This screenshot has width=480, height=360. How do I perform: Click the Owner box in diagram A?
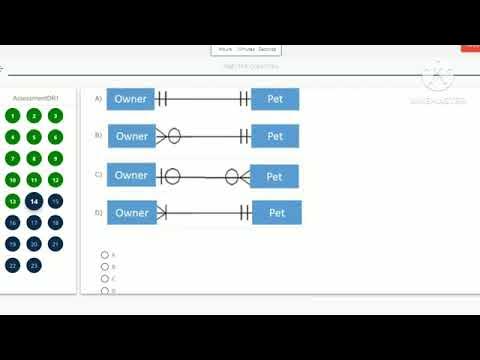pos(131,98)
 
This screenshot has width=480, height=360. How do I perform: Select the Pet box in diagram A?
pos(275,98)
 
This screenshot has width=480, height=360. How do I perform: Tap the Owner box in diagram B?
pos(131,136)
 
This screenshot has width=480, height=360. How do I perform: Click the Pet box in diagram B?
pos(275,136)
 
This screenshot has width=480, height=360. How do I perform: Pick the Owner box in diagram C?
pos(131,175)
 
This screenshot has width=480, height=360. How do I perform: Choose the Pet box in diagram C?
pos(274,176)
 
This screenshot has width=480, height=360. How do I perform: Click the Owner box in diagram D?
pos(132,212)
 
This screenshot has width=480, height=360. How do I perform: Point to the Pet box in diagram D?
pos(277,212)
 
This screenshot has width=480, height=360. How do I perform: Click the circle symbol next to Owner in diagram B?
pos(173,136)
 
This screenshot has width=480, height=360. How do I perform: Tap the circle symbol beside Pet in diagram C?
pos(232,176)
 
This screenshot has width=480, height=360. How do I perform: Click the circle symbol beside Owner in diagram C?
pos(171,176)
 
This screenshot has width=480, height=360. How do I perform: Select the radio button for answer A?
pos(104,255)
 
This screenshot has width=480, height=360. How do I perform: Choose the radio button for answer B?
pos(104,267)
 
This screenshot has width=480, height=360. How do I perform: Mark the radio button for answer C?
pos(104,279)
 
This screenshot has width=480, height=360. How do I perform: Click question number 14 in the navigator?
pos(34,201)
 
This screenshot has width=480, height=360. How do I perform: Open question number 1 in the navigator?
pos(12,116)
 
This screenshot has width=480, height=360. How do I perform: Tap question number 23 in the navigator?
pos(34,265)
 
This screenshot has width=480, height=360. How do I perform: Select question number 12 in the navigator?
pos(56,180)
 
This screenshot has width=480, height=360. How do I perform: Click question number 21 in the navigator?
pos(56,244)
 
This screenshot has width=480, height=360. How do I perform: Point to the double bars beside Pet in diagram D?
pos(243,212)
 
